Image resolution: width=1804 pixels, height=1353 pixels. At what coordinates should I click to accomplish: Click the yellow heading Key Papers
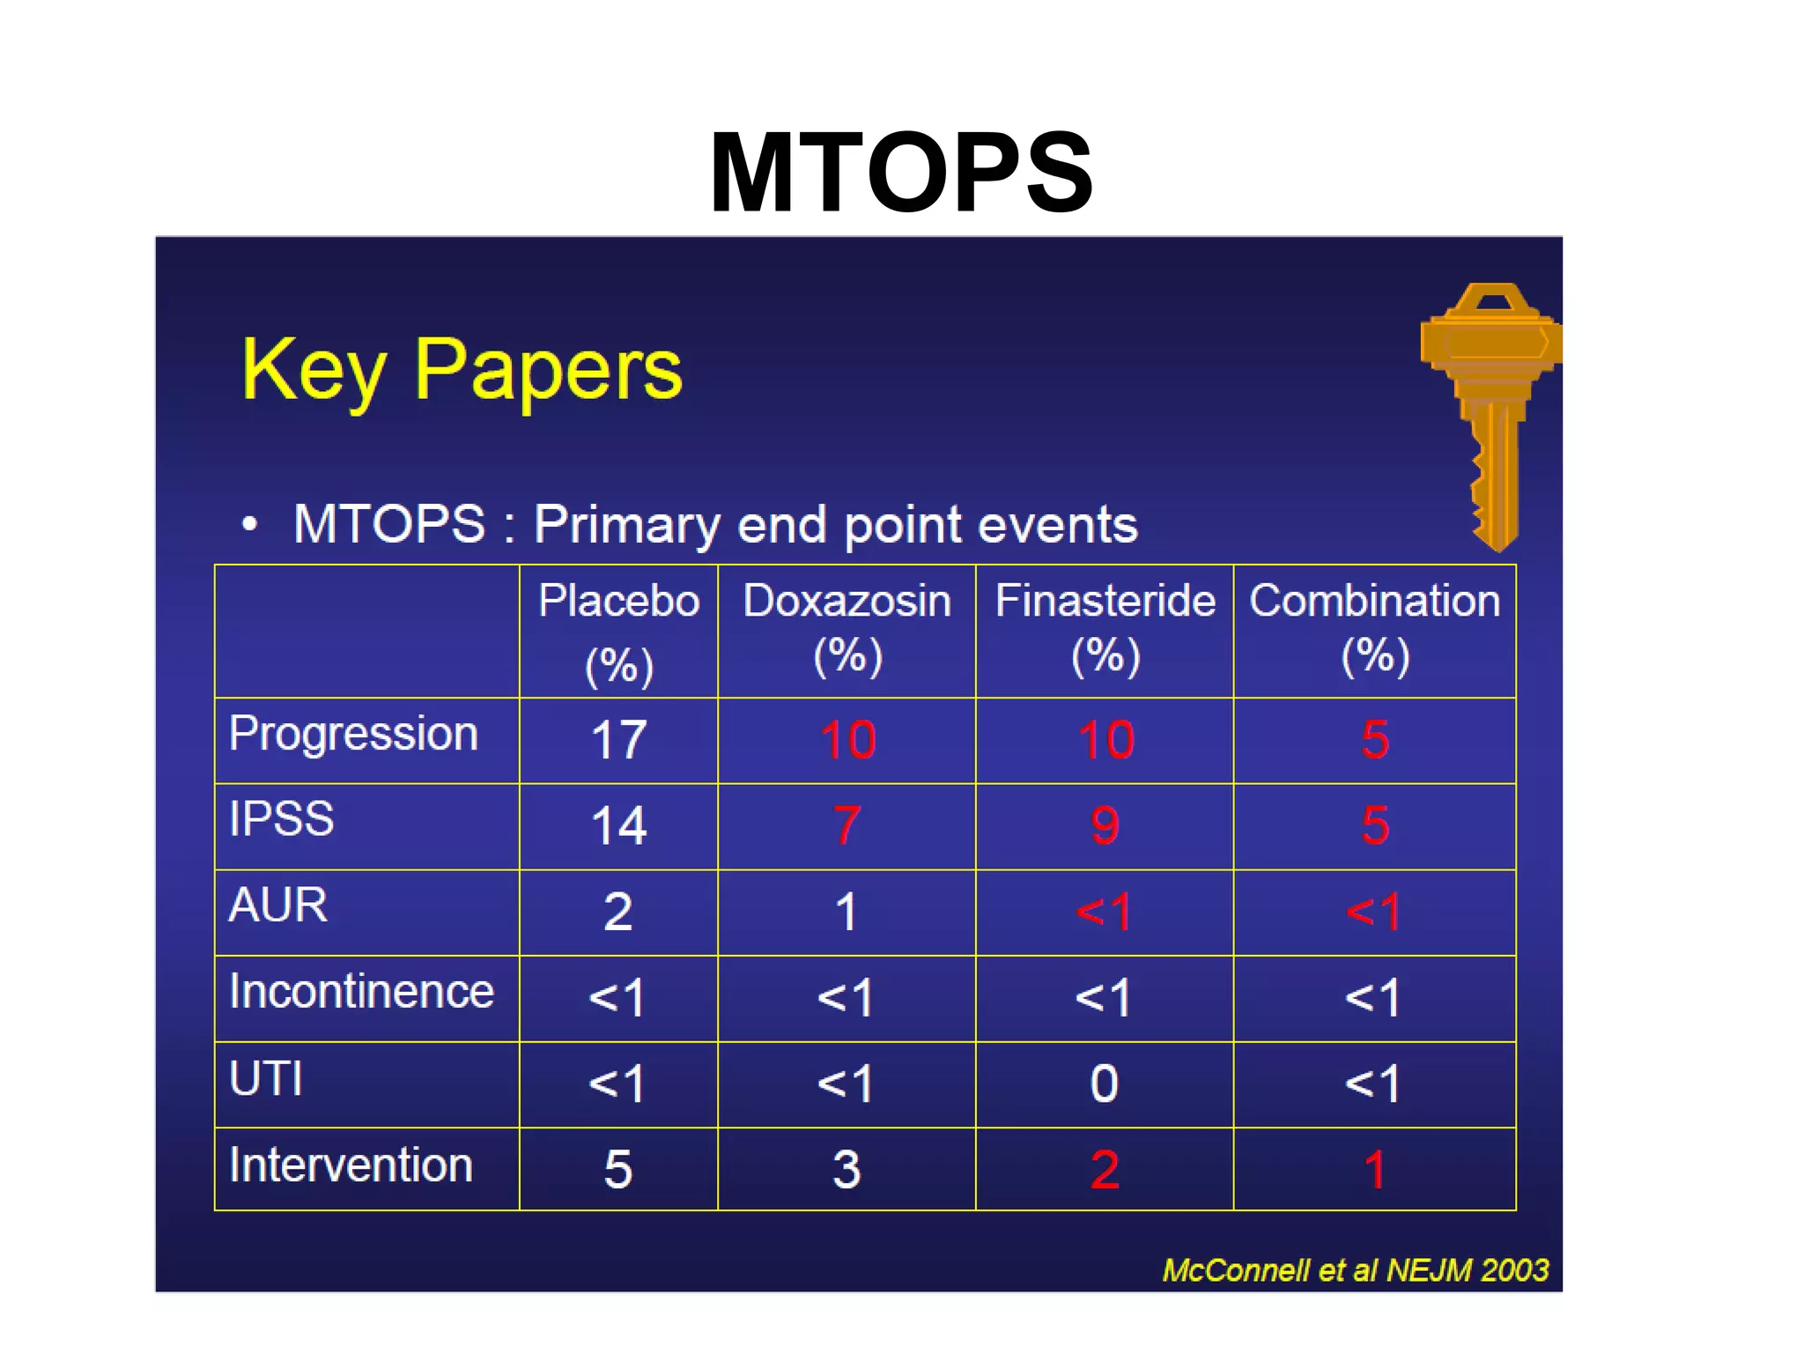click(x=462, y=370)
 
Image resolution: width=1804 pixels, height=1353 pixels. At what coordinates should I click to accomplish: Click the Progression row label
click(x=353, y=735)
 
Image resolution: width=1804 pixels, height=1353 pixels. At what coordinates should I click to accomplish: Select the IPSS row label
click(x=281, y=819)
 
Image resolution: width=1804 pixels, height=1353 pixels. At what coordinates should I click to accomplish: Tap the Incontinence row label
click(x=361, y=992)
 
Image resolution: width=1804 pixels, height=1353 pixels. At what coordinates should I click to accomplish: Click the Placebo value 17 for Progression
click(x=618, y=740)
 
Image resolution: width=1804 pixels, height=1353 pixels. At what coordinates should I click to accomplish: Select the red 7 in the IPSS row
click(x=847, y=826)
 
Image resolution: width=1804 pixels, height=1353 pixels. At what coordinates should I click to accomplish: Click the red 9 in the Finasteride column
click(x=1105, y=826)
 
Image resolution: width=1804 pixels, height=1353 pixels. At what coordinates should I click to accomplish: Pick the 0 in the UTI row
click(x=1104, y=1083)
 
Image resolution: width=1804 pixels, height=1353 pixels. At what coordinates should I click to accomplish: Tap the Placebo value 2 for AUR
click(x=617, y=912)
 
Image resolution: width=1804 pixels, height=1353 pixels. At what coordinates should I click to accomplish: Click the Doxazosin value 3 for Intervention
click(x=847, y=1170)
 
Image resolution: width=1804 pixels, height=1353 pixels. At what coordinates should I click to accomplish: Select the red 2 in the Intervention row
click(x=1105, y=1170)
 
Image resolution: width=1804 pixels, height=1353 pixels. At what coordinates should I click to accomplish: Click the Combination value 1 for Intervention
click(x=1374, y=1170)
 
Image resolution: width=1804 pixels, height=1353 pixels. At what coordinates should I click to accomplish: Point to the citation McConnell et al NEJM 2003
click(x=1355, y=1270)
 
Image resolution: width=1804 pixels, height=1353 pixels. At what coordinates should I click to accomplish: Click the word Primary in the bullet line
click(x=627, y=525)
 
